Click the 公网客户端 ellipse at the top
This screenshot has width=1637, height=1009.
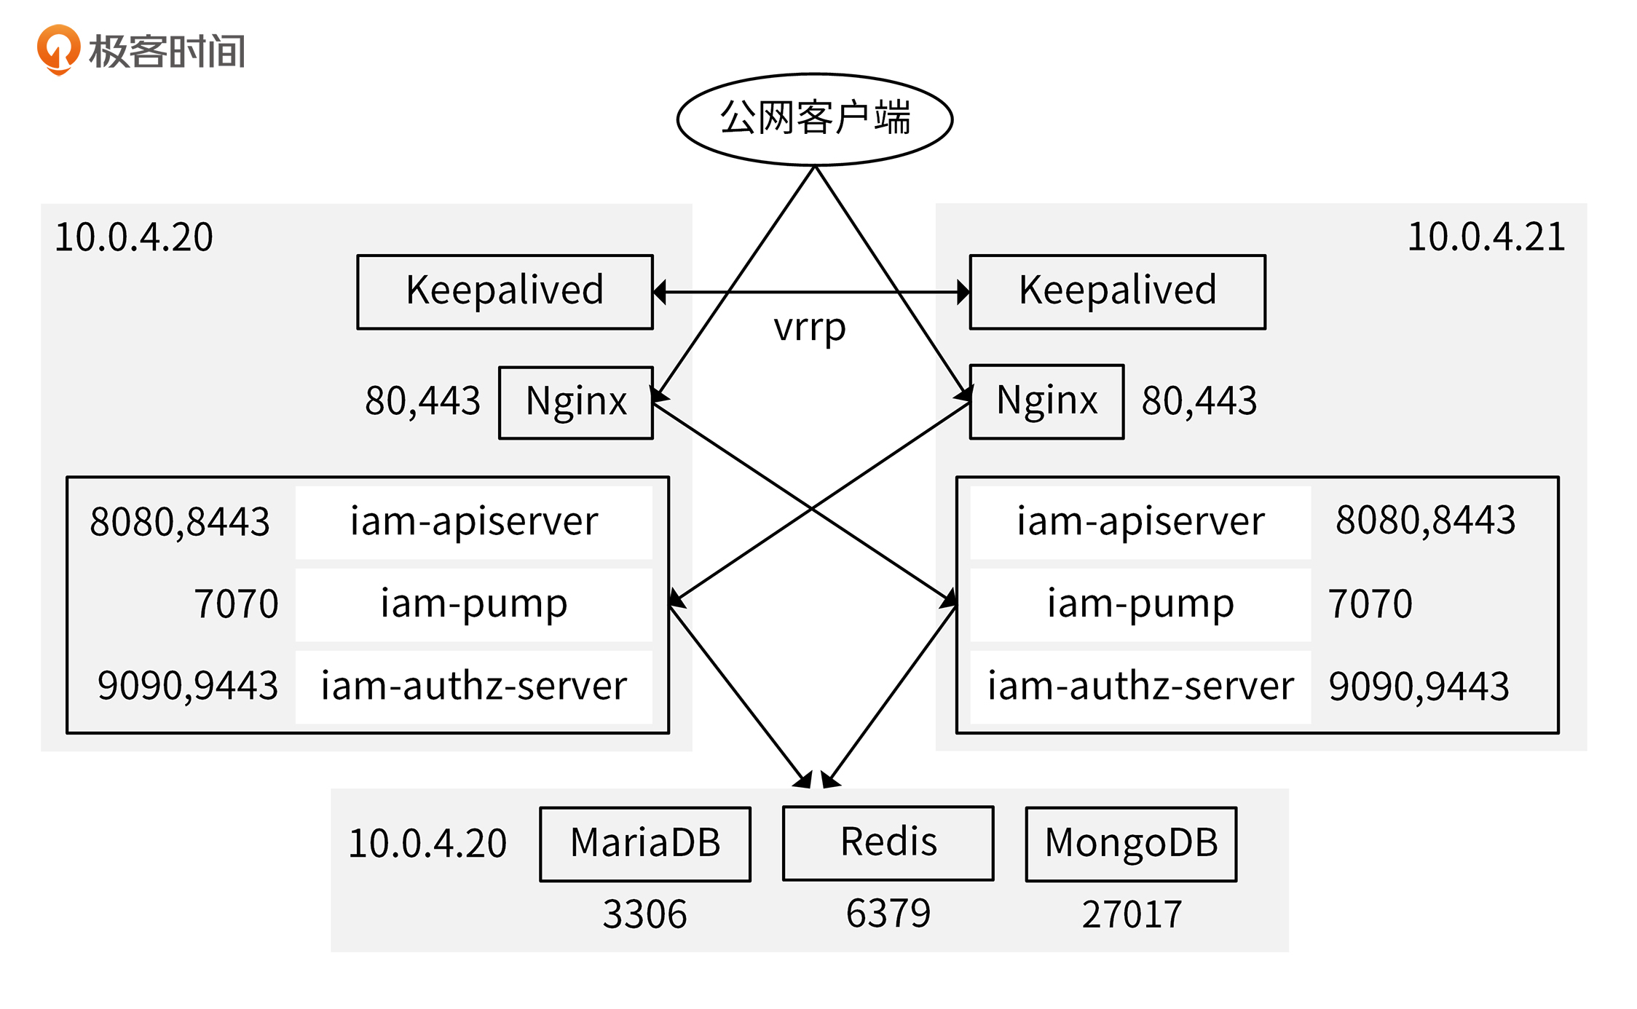pos(814,119)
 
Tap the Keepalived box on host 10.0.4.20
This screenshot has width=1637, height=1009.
pos(505,291)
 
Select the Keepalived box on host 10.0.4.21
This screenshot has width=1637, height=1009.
pos(1117,291)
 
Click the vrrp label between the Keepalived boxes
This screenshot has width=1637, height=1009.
pos(810,328)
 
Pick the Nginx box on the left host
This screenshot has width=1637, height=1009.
pos(575,402)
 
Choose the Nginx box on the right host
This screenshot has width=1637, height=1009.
pos(1046,401)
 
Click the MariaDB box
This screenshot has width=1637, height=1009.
pos(645,843)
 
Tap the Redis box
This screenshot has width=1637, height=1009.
pos(888,842)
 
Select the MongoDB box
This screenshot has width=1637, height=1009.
pos(1131,843)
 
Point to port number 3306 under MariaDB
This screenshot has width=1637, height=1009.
pos(644,914)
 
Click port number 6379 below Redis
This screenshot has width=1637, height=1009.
pos(888,914)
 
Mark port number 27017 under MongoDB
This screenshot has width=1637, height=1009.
pos(1131,914)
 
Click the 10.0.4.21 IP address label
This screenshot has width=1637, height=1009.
pos(1486,237)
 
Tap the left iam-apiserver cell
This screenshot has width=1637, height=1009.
pos(473,522)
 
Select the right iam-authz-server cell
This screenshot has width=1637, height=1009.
pos(1140,686)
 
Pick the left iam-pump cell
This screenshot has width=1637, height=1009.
pos(473,604)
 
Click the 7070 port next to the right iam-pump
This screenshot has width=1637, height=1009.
pos(1370,604)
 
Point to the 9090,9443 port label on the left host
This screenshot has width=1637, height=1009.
pos(188,686)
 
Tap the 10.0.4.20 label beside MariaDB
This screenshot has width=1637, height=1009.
pos(427,844)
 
